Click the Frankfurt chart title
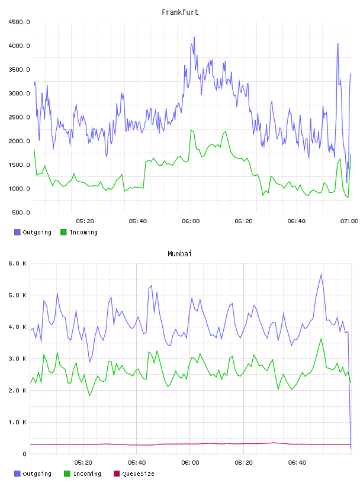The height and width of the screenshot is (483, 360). point(180,12)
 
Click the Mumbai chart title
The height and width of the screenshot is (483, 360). point(179,254)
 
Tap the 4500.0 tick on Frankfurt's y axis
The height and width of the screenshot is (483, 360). point(19,22)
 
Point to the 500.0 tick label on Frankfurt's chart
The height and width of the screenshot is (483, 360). point(21,212)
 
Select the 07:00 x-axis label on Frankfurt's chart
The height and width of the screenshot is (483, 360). point(349,221)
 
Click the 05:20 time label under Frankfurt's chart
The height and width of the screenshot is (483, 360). point(85,221)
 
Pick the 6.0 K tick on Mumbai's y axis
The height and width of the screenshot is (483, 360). point(17,263)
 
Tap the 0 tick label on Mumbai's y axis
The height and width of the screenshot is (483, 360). point(24,454)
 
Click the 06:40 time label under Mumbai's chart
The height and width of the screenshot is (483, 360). point(297,463)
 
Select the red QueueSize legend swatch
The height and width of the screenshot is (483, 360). point(117,474)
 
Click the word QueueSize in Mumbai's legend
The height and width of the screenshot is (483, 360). point(138,474)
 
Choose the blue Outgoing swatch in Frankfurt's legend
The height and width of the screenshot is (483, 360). point(17,232)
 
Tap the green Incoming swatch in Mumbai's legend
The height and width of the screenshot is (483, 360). point(67,474)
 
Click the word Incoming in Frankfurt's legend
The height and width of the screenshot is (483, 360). point(83,232)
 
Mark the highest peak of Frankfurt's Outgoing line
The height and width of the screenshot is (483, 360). point(194,37)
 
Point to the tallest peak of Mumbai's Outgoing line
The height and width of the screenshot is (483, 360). point(321,274)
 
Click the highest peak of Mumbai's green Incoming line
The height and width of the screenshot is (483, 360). point(321,339)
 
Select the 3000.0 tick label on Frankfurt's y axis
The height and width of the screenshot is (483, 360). point(19,94)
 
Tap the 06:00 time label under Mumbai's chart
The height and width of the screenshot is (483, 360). point(190,463)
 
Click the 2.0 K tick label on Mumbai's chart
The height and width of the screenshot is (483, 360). point(17,390)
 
